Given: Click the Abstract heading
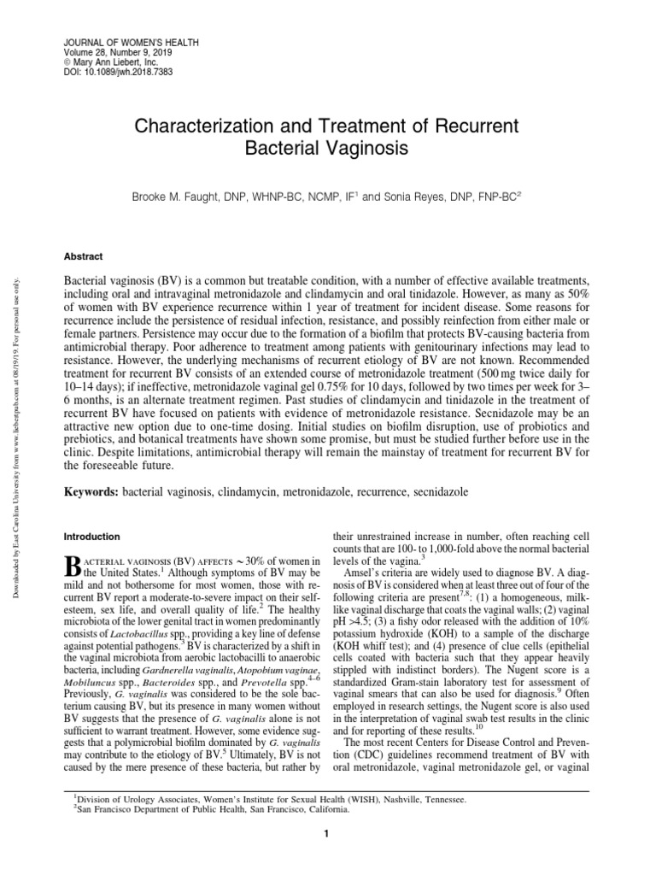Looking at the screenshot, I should tap(85, 255).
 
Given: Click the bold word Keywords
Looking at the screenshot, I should tap(92, 493).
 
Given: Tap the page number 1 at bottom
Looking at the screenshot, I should tap(327, 835).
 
